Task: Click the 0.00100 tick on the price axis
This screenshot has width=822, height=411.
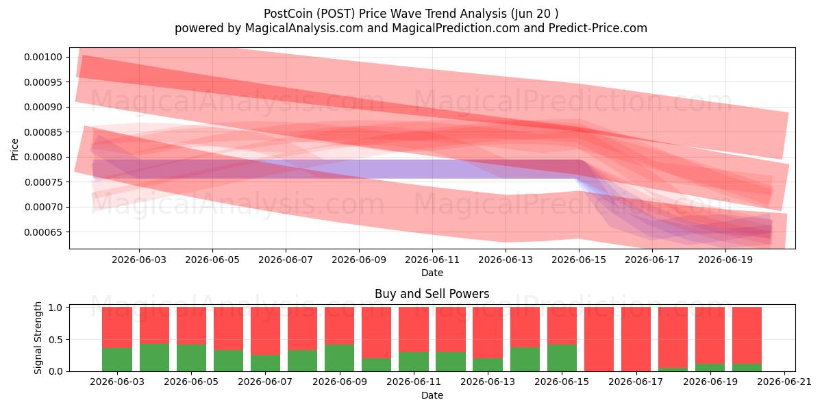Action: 43,57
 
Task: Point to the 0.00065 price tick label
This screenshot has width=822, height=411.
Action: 43,232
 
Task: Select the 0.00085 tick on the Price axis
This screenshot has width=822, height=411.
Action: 43,132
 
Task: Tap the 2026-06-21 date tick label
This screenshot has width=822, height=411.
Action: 784,382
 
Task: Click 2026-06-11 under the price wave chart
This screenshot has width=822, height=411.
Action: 432,260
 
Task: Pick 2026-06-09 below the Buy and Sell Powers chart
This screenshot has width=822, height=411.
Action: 340,382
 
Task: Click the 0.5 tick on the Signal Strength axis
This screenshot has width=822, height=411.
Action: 55,340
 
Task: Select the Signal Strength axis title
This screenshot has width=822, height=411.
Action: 38,338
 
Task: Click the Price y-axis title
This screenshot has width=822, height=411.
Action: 14,149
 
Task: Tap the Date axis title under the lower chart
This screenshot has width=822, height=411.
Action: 432,396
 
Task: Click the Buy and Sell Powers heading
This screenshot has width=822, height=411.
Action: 432,294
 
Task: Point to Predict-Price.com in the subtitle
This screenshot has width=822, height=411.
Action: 598,28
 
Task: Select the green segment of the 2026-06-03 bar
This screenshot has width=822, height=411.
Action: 117,360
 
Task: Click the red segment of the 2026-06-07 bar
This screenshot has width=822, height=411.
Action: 265,331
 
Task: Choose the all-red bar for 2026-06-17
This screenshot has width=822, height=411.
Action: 636,339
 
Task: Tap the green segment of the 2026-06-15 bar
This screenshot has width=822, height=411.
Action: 562,358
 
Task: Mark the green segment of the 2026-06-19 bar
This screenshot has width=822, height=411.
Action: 710,367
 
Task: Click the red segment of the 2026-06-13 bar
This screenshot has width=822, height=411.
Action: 488,332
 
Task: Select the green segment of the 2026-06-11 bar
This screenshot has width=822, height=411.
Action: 414,362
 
